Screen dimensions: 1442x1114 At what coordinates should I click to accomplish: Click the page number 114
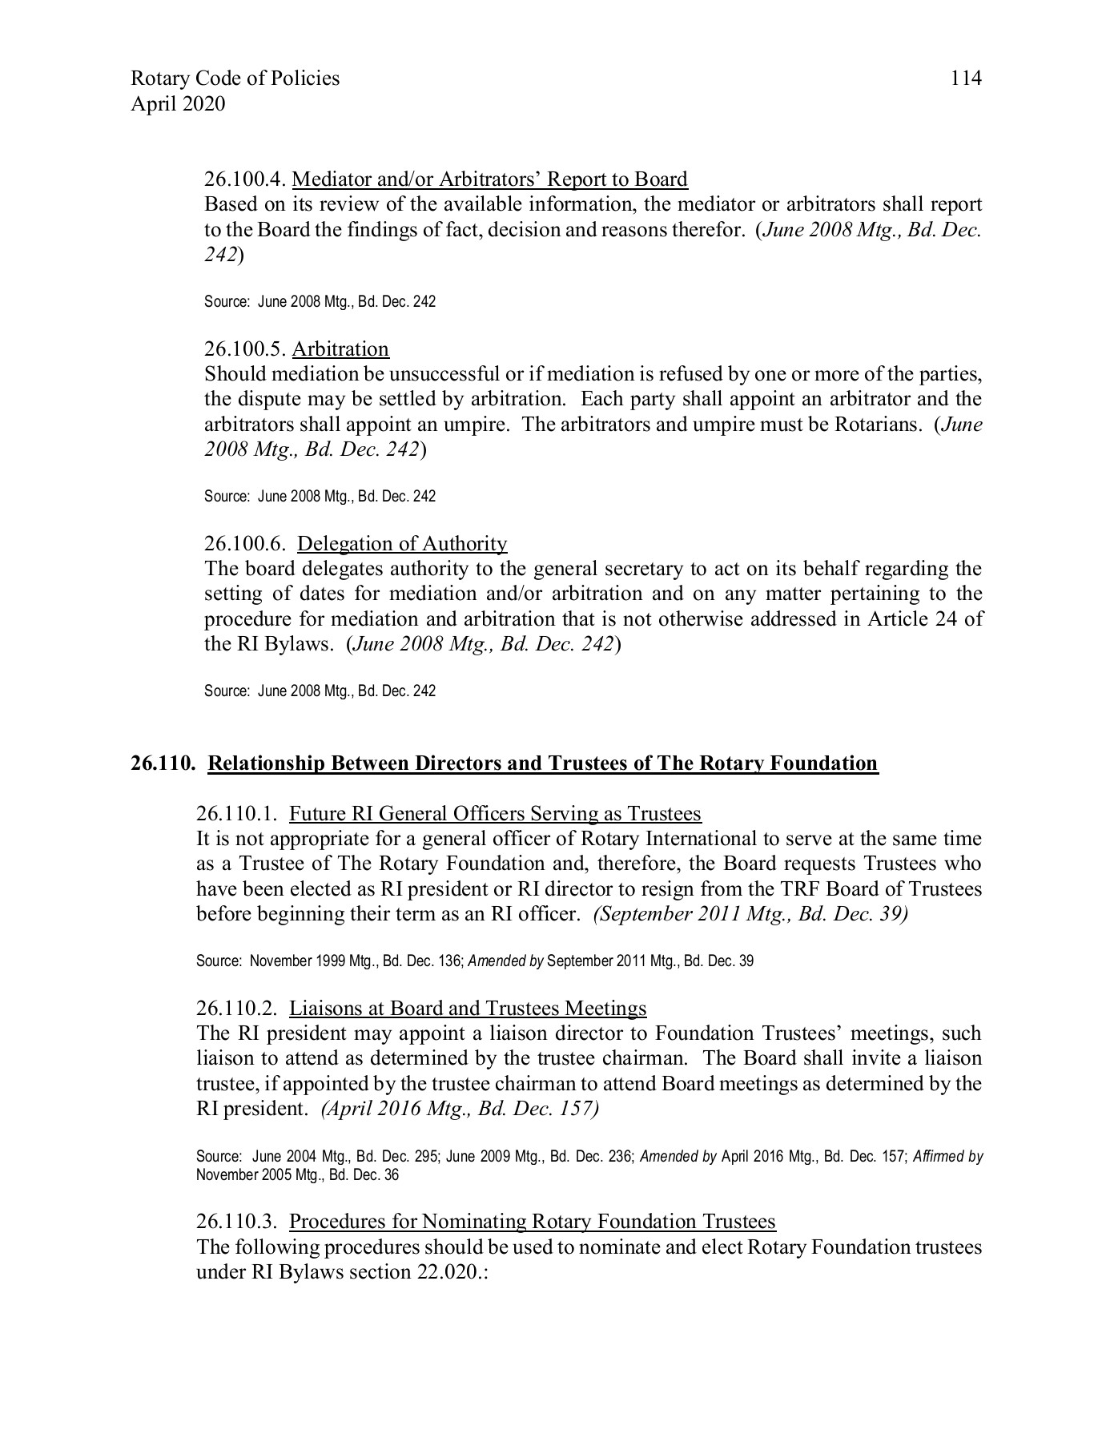click(965, 79)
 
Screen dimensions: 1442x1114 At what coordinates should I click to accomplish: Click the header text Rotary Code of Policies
click(235, 79)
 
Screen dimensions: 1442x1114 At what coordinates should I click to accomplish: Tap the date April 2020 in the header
click(178, 104)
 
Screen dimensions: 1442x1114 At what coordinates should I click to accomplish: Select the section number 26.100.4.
click(245, 179)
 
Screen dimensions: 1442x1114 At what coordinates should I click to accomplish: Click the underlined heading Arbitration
click(340, 349)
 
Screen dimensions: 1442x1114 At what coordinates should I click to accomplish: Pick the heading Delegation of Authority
click(402, 544)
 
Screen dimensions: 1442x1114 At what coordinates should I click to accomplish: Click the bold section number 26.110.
click(163, 763)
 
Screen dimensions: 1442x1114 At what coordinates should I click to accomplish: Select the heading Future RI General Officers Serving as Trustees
click(495, 815)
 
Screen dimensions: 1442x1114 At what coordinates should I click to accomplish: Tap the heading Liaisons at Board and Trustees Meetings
click(468, 1009)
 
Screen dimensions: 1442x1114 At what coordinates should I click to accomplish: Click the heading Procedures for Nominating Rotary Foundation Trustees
click(533, 1222)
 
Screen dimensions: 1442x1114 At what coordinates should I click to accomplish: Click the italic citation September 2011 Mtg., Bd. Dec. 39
click(750, 915)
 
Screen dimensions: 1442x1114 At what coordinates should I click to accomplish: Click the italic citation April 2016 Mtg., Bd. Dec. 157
click(460, 1110)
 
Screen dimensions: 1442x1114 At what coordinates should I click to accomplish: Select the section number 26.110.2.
click(237, 1009)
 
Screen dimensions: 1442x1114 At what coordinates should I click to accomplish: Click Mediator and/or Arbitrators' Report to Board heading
click(490, 179)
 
